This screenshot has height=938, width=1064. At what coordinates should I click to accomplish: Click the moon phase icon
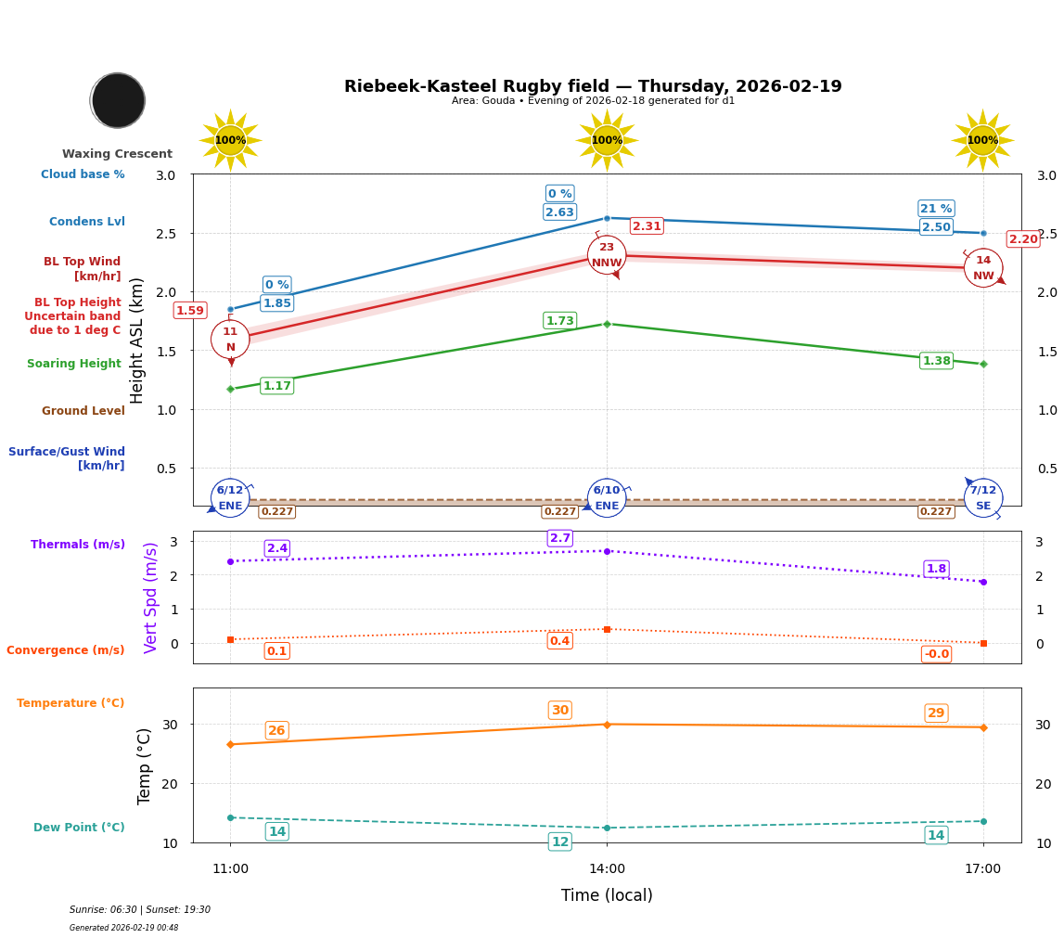coord(118,100)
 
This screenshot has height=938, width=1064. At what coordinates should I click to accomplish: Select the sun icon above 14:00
coord(607,140)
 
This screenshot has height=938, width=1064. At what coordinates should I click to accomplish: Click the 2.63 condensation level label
coord(559,212)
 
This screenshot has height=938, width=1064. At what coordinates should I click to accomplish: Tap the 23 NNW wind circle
coord(607,255)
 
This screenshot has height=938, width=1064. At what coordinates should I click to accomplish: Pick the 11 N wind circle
coord(230,340)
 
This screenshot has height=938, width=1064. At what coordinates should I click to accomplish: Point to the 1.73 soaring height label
coord(559,321)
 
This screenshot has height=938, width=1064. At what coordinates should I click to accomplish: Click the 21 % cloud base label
coord(936,209)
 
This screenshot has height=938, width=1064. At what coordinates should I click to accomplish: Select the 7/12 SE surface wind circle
coord(982,498)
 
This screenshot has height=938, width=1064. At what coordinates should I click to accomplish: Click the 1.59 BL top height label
coord(190,311)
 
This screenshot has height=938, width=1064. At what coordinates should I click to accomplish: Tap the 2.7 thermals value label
coord(560,538)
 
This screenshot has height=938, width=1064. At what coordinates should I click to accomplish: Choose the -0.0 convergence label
coord(936,654)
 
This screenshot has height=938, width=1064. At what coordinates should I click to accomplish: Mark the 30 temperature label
coord(560,711)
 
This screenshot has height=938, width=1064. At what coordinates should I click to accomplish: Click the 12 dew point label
coord(560,842)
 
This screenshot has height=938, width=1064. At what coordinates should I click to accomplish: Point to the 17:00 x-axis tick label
coord(982,869)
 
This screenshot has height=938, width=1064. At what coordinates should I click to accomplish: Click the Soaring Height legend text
coord(74,364)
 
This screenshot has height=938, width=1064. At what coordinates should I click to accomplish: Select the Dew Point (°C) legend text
coord(79,828)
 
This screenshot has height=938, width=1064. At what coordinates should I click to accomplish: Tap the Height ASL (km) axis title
coord(137,341)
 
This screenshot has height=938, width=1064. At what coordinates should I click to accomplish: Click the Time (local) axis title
coord(607,895)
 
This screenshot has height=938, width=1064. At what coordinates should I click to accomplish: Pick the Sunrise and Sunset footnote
coord(140,910)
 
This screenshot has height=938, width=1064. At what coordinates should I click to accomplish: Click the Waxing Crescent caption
coord(117,154)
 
